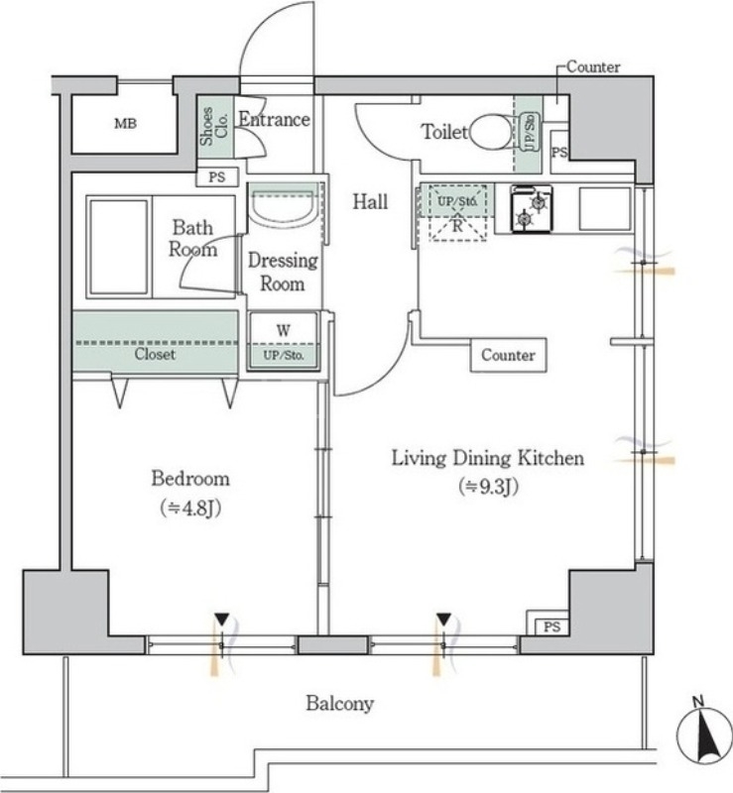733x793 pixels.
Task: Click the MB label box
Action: [x=125, y=124]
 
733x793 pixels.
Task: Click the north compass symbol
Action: [x=703, y=735]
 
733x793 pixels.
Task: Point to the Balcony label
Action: [x=339, y=704]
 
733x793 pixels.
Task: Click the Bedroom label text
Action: [x=189, y=479]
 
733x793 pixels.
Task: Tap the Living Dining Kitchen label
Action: [x=487, y=458]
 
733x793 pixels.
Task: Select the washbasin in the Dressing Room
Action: [x=283, y=209]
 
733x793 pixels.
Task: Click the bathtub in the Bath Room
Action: [x=119, y=245]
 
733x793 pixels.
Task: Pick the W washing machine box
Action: [x=283, y=340]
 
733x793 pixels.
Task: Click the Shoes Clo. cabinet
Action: [x=215, y=128]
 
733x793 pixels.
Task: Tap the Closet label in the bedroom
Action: [x=155, y=354]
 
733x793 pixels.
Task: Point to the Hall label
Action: [x=370, y=202]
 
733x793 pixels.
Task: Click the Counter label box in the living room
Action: [x=508, y=355]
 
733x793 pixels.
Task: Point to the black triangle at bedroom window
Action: [x=222, y=620]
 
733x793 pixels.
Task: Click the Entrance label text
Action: [x=274, y=120]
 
